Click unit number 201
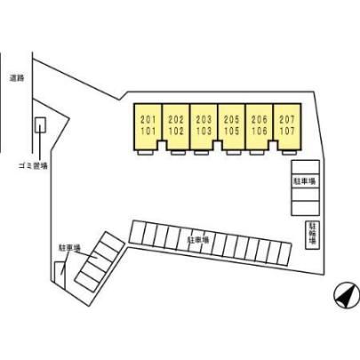[x=148, y=120]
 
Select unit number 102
[x=176, y=131]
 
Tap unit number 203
[x=204, y=120]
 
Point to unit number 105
[x=231, y=131]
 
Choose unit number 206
[x=260, y=120]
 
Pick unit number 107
[x=287, y=131]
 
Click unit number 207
[x=287, y=120]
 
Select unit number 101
[x=148, y=131]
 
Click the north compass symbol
[x=347, y=295]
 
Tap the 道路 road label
[x=17, y=78]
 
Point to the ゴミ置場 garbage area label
[x=33, y=166]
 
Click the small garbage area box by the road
[x=40, y=125]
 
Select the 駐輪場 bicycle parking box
[x=312, y=235]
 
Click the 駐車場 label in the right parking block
[x=305, y=180]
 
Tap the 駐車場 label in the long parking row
[x=198, y=240]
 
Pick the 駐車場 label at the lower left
[x=69, y=248]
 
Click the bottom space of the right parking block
[x=305, y=208]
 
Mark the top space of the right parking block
[x=305, y=167]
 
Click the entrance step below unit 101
[x=145, y=153]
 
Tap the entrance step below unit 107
[x=289, y=153]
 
